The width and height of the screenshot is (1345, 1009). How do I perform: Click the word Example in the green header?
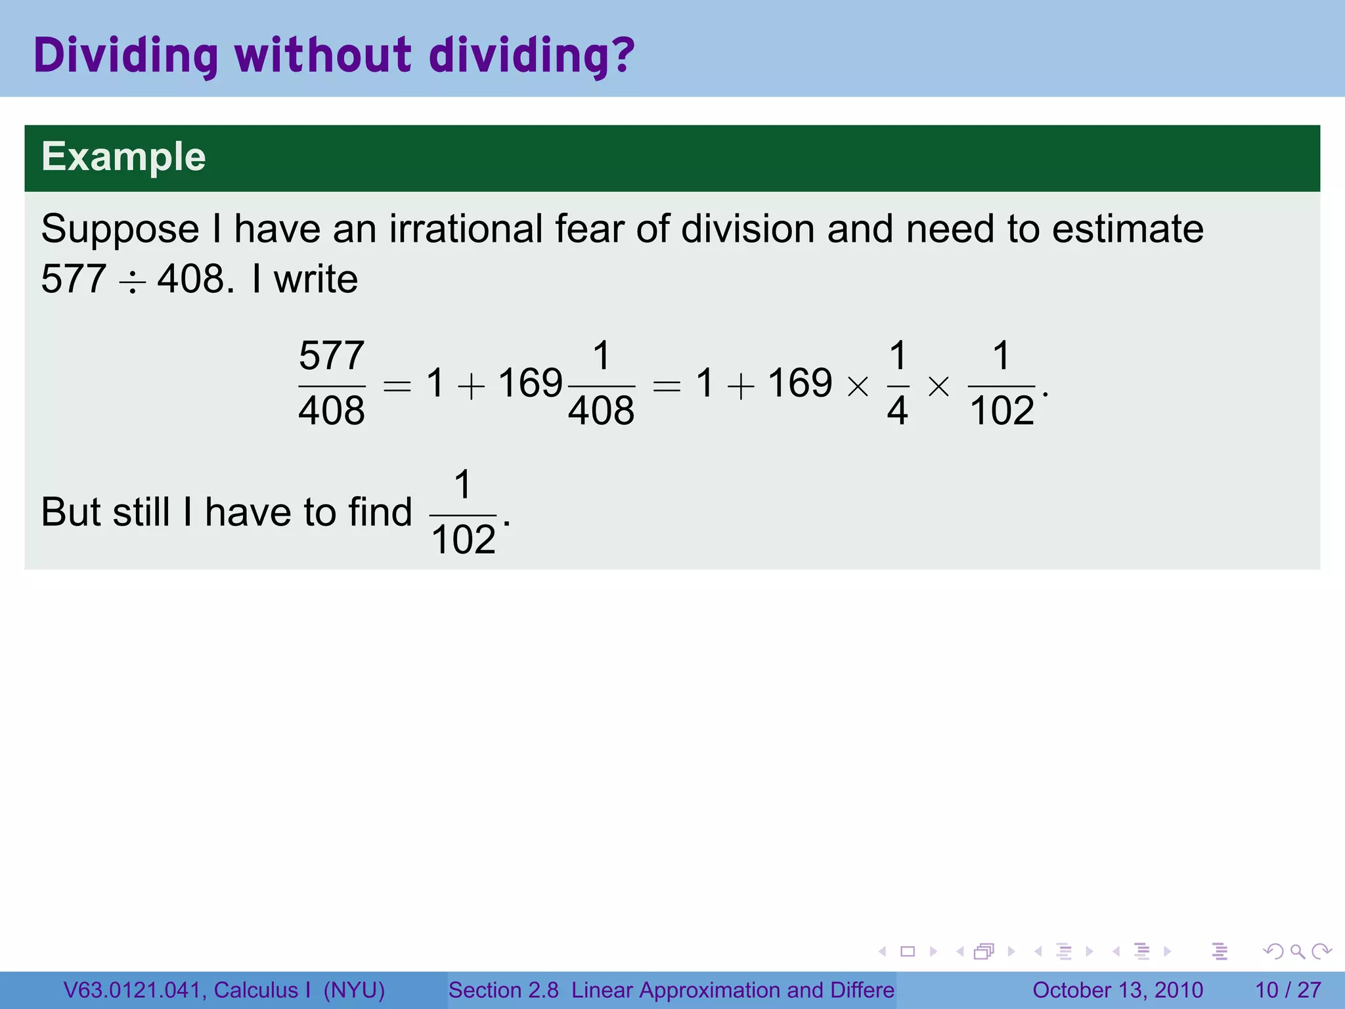point(123,157)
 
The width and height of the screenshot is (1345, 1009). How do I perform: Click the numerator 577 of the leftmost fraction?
point(332,356)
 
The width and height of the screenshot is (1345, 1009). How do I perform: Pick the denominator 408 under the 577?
point(332,411)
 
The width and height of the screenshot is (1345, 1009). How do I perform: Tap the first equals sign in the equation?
point(397,386)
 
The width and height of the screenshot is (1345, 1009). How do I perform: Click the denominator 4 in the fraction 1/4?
point(898,411)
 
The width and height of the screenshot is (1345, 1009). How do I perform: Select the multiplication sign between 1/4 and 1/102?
point(938,386)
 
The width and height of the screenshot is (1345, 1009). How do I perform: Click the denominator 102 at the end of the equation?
point(1002,411)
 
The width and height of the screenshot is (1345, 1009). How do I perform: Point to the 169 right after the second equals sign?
point(800,383)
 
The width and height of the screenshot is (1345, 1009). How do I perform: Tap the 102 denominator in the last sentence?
point(464,540)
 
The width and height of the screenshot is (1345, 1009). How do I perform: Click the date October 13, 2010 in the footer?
point(1118,990)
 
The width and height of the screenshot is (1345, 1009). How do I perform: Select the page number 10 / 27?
point(1288,990)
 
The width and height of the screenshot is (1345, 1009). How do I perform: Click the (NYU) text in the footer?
point(354,990)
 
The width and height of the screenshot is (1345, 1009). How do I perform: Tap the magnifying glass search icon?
point(1297,951)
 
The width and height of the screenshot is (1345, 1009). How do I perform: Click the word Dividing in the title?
point(125,55)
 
